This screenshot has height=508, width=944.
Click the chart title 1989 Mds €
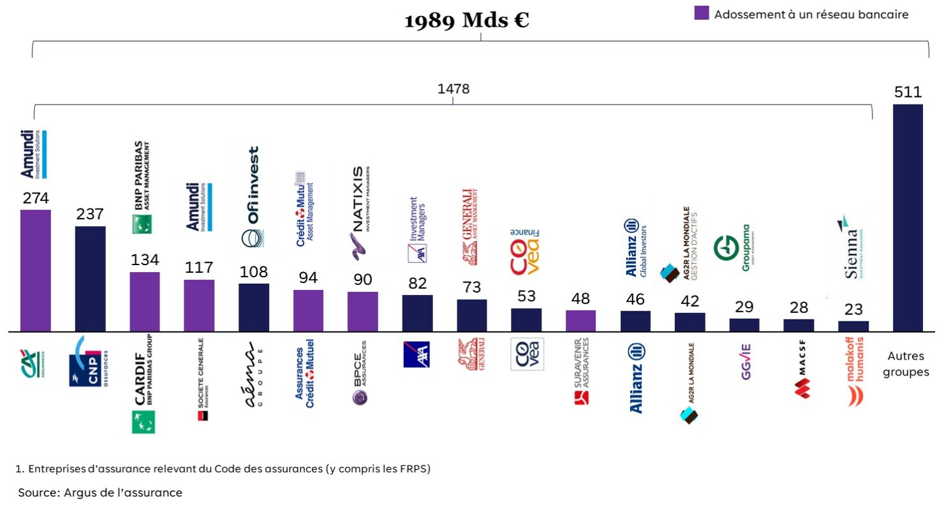(x=467, y=20)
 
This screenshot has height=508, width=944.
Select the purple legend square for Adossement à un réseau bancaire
(x=702, y=13)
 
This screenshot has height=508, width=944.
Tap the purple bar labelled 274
(x=36, y=270)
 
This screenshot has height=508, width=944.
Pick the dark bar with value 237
(x=90, y=279)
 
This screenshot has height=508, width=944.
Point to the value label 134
(x=145, y=260)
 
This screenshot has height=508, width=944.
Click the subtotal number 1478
(x=453, y=89)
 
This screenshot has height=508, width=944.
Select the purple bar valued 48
(x=580, y=321)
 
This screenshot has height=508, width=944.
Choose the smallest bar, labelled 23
(x=853, y=326)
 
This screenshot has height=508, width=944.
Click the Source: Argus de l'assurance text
(x=100, y=493)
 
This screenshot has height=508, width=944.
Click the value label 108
(x=253, y=272)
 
